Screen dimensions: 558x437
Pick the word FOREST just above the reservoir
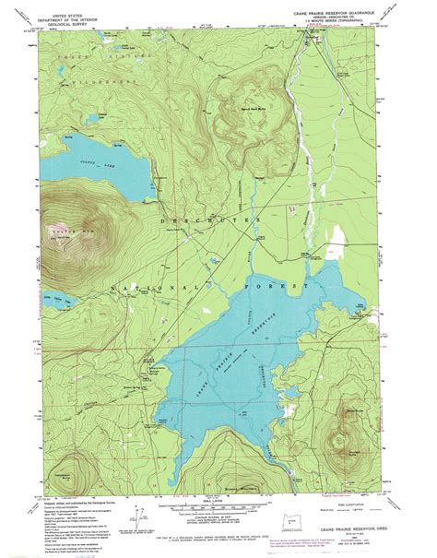click(x=277, y=288)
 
